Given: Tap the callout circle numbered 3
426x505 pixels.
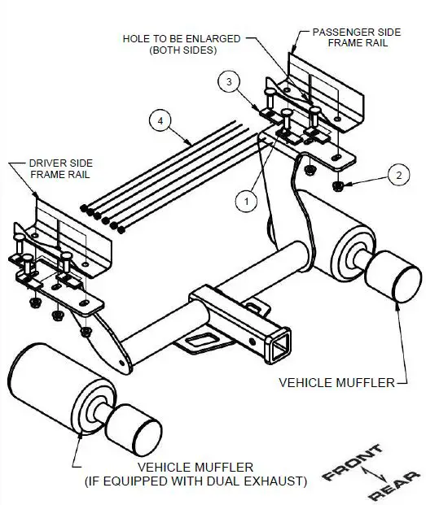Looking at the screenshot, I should click(x=230, y=82).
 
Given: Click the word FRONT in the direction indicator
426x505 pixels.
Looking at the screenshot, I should click(x=352, y=461).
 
